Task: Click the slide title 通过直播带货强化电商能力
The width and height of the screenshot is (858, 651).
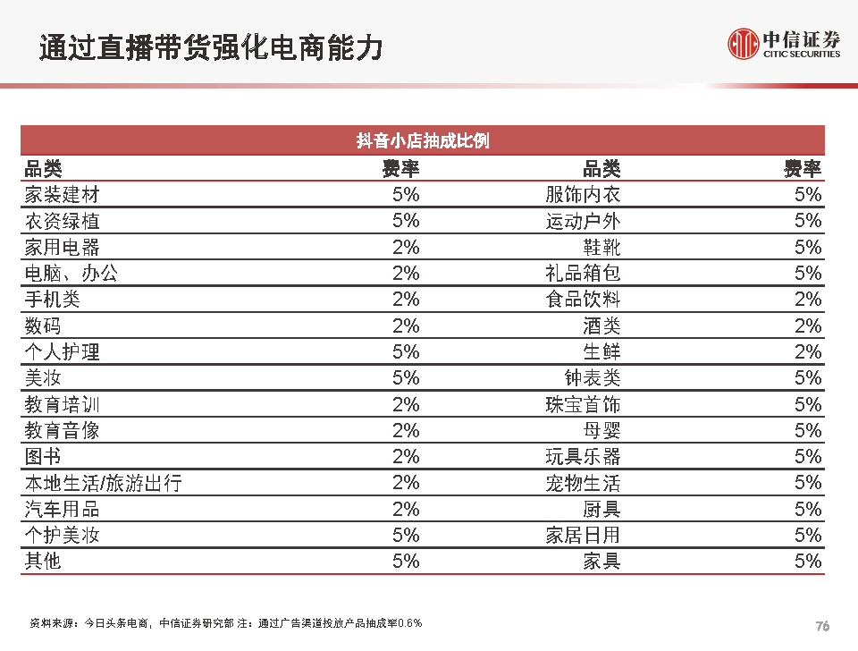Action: tap(211, 46)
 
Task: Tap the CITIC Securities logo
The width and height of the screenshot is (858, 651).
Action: tap(784, 43)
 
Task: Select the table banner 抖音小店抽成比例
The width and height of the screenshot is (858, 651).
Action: tap(423, 141)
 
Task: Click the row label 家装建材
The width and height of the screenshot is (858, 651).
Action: tap(63, 195)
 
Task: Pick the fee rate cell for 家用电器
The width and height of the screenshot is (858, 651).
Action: tap(406, 248)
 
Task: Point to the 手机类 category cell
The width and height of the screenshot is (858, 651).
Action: tap(53, 300)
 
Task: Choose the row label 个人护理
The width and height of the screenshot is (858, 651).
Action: tap(63, 352)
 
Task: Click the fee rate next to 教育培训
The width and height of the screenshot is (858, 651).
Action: tap(406, 404)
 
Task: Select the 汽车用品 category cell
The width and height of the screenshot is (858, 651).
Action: tap(63, 510)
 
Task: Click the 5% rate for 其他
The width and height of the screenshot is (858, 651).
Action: tap(406, 562)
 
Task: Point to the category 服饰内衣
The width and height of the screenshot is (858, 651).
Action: tap(583, 195)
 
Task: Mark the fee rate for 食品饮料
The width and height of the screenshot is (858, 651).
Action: tap(808, 300)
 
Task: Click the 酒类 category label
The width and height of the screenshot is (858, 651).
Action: tap(601, 325)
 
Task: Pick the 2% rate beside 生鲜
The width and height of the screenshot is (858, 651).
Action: tap(808, 352)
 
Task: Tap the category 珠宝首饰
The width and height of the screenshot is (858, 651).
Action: tap(583, 404)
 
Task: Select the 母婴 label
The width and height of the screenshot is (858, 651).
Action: tap(601, 431)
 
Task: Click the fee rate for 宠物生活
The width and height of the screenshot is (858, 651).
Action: tap(808, 483)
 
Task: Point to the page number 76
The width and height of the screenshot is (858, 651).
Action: tap(823, 626)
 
